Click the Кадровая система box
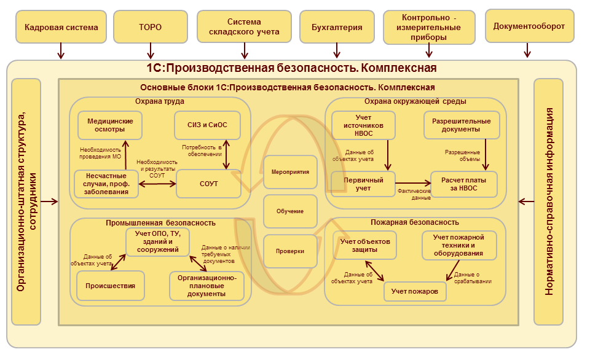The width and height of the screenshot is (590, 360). [61, 27]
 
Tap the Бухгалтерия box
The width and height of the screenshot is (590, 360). [337, 27]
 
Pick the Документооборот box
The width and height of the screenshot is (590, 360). [529, 26]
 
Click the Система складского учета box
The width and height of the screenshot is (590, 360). [244, 27]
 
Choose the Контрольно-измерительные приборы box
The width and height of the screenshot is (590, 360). [429, 27]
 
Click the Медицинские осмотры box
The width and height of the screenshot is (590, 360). [110, 125]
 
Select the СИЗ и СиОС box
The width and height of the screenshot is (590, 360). [207, 125]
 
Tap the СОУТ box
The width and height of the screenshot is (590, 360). [208, 184]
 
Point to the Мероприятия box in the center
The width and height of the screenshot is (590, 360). [290, 171]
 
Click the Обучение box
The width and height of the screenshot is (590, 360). [290, 211]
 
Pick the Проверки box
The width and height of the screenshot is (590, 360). [290, 251]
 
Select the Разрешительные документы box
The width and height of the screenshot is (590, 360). [462, 125]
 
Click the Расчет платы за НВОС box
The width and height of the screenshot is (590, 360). [463, 183]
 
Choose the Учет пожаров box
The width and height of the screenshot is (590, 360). [415, 291]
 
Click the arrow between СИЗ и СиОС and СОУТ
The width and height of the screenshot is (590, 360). [227, 154]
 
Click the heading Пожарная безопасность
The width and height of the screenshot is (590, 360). [415, 222]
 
